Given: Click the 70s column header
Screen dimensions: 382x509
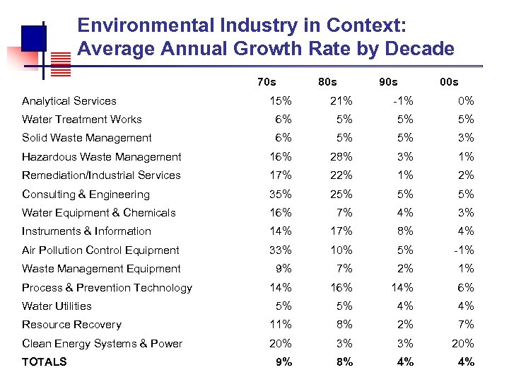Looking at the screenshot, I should click(267, 81).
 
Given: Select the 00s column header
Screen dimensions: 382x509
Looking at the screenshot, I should click(449, 81).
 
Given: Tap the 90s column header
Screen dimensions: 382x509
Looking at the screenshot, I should click(387, 81).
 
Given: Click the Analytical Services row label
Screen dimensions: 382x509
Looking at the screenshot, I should click(69, 101).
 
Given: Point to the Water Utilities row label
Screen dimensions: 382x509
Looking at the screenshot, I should click(57, 306).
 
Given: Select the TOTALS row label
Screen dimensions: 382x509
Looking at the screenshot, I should click(45, 361).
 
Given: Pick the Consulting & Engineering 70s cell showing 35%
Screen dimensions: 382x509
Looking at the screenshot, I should click(280, 195).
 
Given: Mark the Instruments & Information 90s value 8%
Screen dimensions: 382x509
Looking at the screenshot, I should click(404, 231).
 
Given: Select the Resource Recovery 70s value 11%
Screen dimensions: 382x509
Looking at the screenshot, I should click(280, 325).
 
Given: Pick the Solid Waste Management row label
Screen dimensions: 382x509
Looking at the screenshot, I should click(86, 138).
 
